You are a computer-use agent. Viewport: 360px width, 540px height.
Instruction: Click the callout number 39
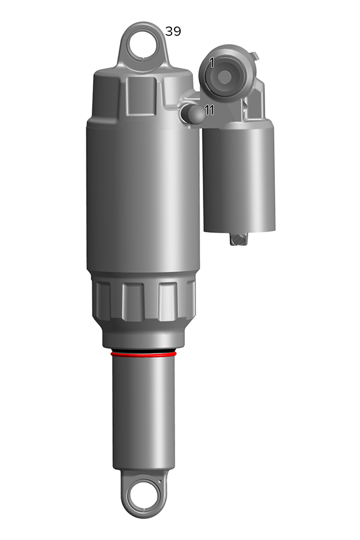tap(173, 31)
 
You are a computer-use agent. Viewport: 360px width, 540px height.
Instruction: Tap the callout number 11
tap(209, 110)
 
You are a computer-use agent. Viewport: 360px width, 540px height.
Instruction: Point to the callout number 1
tap(212, 62)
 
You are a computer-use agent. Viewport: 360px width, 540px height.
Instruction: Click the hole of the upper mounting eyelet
tap(143, 46)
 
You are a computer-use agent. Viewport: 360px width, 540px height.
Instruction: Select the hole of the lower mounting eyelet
tap(143, 497)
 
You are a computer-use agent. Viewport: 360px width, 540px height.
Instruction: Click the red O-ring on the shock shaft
tap(143, 353)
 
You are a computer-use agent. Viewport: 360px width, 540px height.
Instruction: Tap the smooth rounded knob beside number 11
tap(197, 114)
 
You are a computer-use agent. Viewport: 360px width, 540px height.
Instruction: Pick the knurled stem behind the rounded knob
tap(185, 114)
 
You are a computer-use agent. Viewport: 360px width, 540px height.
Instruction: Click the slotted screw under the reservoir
tap(238, 239)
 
